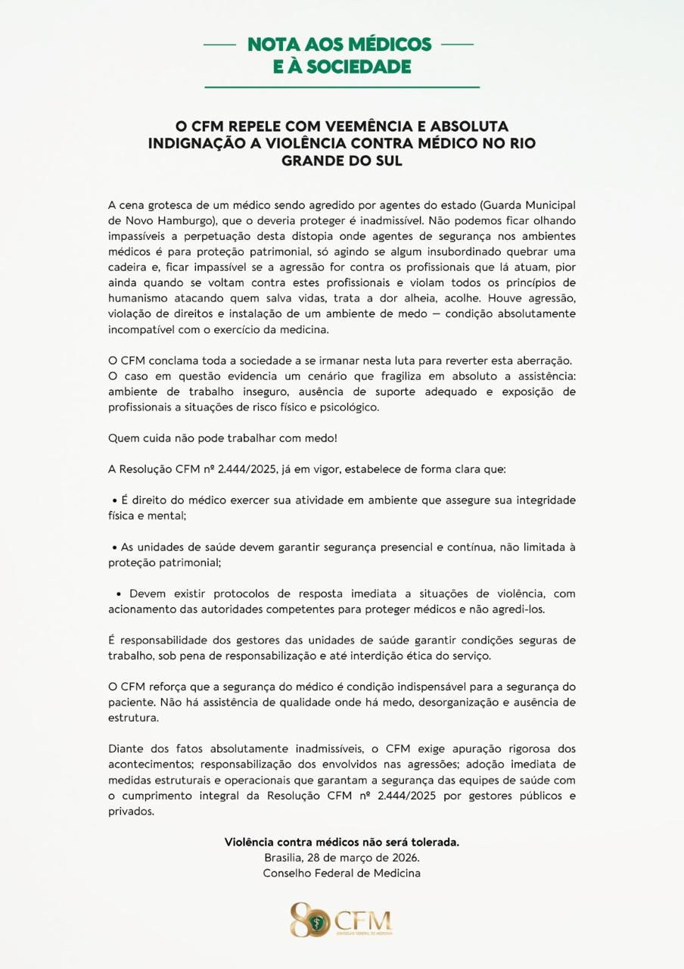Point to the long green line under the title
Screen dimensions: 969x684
[342, 88]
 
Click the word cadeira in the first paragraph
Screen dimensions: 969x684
[131, 267]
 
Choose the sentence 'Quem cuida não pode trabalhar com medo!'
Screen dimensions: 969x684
[222, 438]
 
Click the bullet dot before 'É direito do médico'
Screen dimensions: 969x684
[114, 501]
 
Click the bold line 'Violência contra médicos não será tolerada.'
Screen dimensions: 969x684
[342, 842]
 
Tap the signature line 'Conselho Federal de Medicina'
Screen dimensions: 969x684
[342, 873]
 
